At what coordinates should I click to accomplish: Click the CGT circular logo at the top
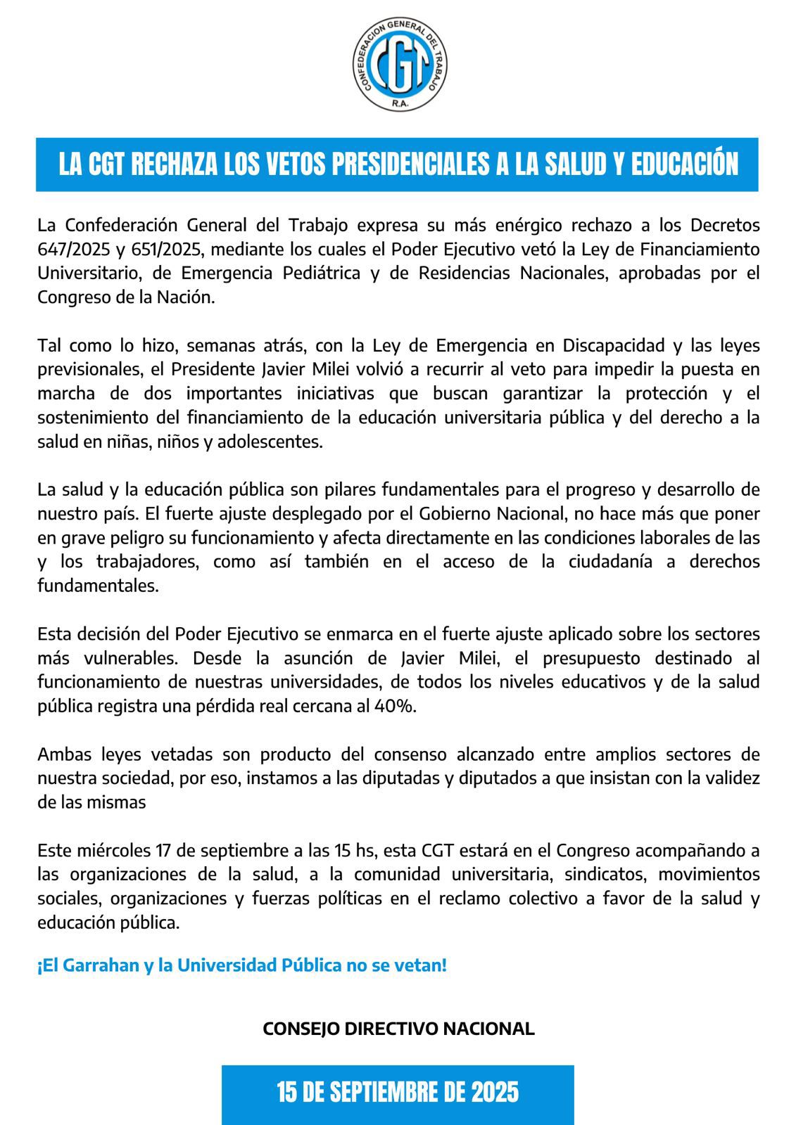pyautogui.click(x=400, y=65)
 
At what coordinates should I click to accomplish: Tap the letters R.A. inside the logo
pyautogui.click(x=400, y=103)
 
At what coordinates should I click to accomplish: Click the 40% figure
pyautogui.click(x=397, y=707)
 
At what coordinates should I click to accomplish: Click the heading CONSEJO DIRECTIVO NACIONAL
pyautogui.click(x=398, y=1028)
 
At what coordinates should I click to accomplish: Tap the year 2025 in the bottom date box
pyautogui.click(x=495, y=1092)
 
